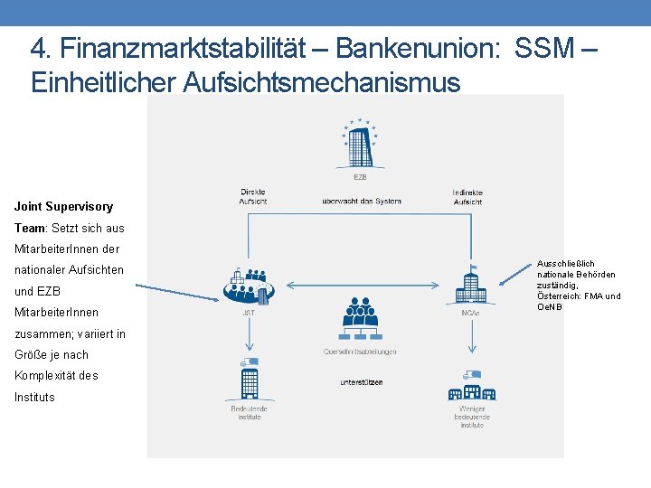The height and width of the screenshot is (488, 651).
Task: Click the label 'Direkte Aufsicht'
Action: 253,196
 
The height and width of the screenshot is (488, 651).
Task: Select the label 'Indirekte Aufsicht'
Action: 467,196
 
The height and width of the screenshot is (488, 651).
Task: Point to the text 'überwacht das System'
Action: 361,201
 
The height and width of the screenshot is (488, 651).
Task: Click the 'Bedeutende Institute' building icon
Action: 248,377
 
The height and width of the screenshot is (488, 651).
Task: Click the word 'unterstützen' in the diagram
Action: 362,382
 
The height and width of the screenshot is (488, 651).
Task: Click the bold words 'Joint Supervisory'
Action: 63,207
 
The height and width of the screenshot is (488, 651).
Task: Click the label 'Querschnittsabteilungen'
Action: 360,352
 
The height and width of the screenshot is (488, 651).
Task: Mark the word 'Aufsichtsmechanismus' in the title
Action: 321,82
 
